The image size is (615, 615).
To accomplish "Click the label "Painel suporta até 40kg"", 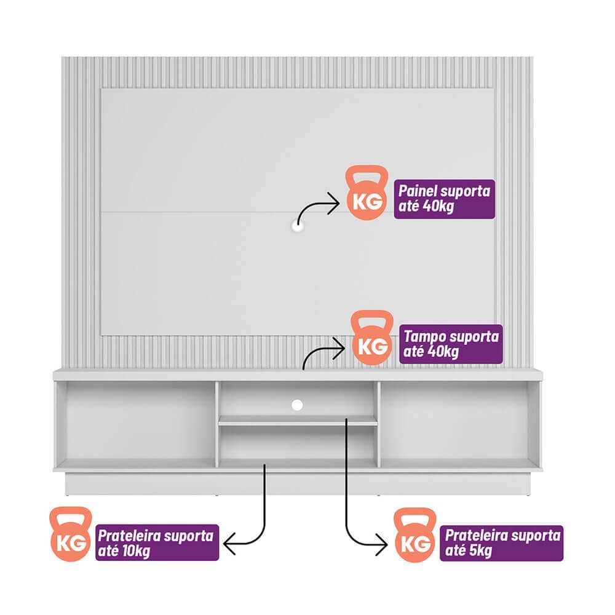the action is click(445, 199).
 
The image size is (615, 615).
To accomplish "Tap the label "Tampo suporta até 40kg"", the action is click(451, 344).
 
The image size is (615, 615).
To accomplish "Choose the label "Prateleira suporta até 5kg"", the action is click(502, 543).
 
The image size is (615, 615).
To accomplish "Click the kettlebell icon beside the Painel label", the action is click(367, 192).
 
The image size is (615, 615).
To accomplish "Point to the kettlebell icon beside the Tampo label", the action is click(372, 338).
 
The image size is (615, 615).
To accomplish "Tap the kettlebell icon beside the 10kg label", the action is click(71, 534).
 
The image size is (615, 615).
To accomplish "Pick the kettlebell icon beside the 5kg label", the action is click(415, 535).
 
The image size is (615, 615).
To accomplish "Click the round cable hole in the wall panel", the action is click(298, 226).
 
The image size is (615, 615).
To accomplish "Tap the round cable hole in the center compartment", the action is click(297, 405).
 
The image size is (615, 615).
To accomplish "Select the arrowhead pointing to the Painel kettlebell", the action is click(335, 203).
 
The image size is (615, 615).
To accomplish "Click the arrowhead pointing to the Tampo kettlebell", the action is click(339, 348).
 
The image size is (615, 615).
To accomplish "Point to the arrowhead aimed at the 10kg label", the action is click(229, 544).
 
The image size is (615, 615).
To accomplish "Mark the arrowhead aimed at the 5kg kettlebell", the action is click(382, 544).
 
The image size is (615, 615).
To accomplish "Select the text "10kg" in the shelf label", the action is click(136, 551).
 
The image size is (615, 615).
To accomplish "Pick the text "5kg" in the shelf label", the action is click(480, 550).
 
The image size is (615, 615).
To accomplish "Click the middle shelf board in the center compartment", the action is click(298, 421).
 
